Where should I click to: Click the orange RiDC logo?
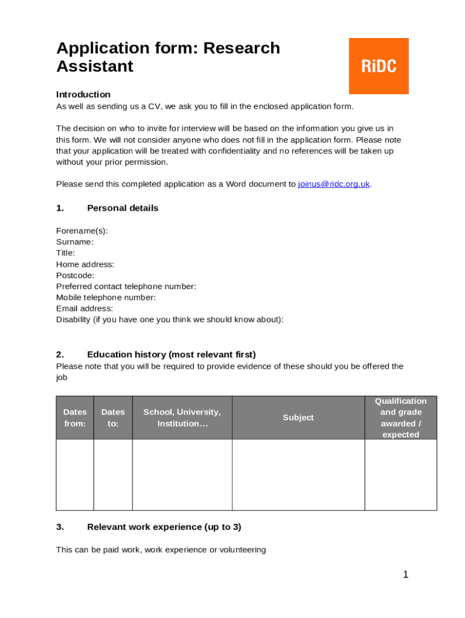coord(379,66)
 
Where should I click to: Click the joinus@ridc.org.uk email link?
coord(334,184)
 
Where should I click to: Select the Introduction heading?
coord(83,95)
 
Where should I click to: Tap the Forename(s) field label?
coord(82,231)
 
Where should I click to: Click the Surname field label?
coord(75,242)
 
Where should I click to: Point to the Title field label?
coord(66,253)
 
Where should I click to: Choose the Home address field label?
coord(85,264)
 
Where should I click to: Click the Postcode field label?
coord(75,275)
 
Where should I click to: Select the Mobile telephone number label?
coord(106,298)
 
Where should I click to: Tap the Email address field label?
coord(85,308)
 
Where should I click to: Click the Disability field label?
coord(170,320)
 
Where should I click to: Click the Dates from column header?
coord(75,418)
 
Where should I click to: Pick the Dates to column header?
coord(113,418)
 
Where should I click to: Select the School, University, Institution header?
coord(182,418)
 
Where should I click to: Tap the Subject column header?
coord(298,418)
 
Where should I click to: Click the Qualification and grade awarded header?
coord(400,418)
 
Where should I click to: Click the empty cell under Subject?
coord(298,474)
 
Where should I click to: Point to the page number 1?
coord(406,575)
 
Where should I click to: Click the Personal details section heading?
coord(123,208)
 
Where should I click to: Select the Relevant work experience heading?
coord(164,527)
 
